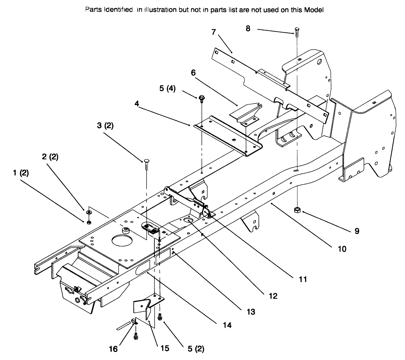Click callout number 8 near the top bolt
[x=248, y=28]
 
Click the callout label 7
[x=213, y=32]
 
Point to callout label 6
[x=193, y=73]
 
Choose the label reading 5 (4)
[x=167, y=88]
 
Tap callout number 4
[x=137, y=104]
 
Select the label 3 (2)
[x=105, y=126]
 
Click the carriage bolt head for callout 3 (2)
[x=146, y=160]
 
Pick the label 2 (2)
[x=50, y=157]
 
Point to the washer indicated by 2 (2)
[x=88, y=212]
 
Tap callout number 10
[x=342, y=249]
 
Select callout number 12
[x=273, y=296]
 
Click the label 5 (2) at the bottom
[x=196, y=349]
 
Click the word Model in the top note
[x=314, y=10]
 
